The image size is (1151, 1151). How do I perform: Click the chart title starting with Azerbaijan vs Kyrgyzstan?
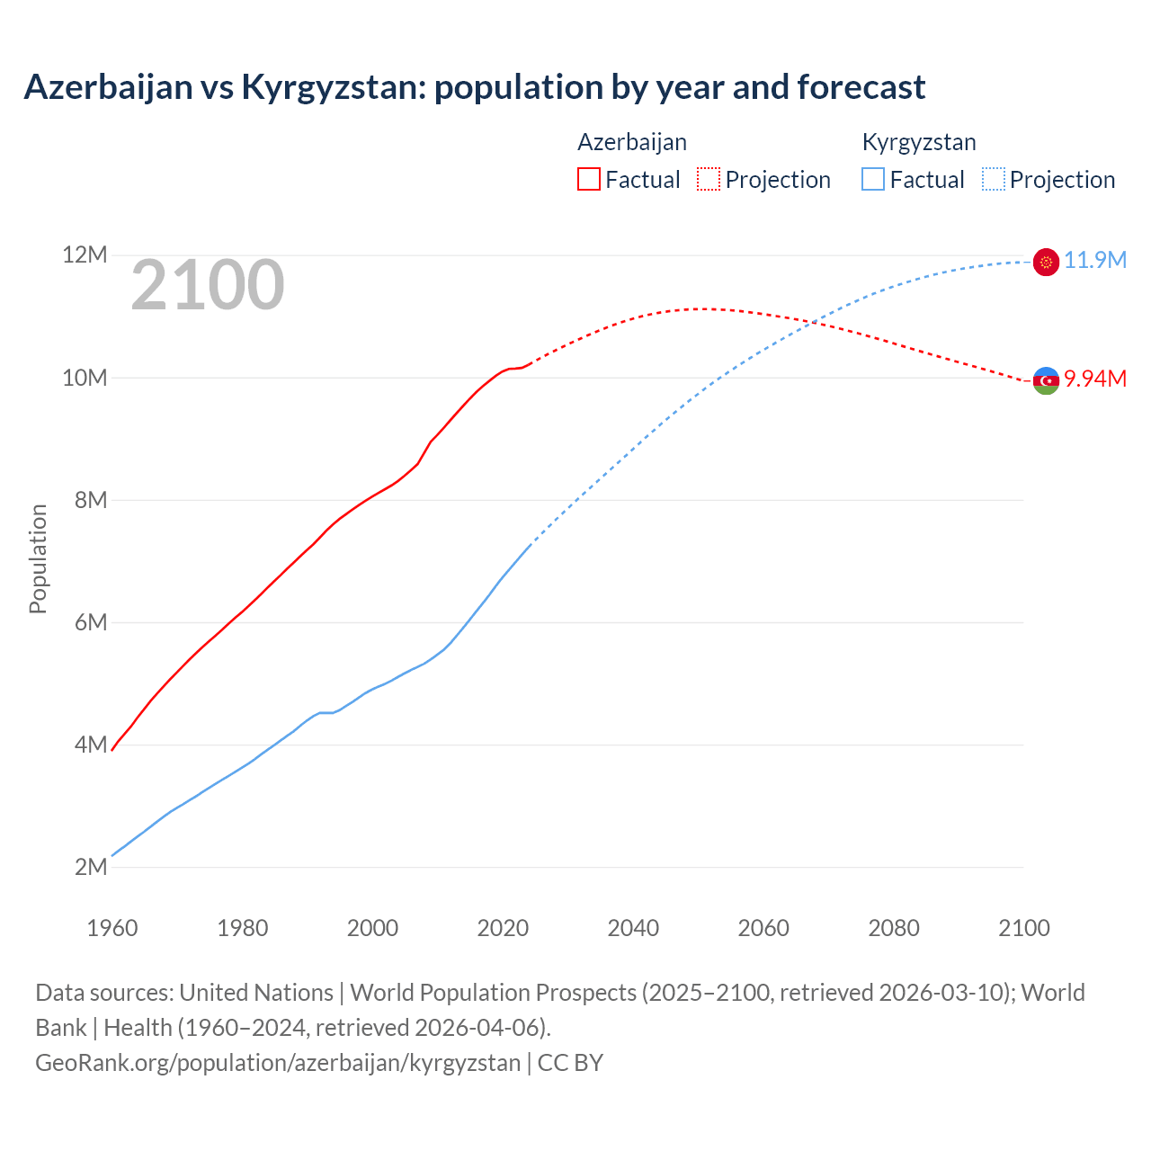tap(474, 87)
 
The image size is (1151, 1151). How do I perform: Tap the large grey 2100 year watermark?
tap(208, 285)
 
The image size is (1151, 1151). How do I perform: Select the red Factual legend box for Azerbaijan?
tap(589, 180)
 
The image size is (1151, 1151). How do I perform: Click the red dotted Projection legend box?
tap(709, 180)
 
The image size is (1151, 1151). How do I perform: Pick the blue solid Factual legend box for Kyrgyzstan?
tap(873, 180)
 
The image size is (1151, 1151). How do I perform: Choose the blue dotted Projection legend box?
tap(993, 180)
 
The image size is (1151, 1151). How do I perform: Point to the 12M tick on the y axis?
tap(85, 255)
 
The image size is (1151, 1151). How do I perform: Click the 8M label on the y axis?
tap(90, 500)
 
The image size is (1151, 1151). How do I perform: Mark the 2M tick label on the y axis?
tap(90, 867)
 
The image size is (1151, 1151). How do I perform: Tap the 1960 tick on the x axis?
tap(112, 928)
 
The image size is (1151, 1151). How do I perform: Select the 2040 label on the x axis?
tap(633, 928)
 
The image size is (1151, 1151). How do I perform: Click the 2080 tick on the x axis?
tap(894, 928)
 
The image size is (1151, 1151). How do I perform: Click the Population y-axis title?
tap(38, 558)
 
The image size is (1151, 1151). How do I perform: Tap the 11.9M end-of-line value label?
tap(1094, 261)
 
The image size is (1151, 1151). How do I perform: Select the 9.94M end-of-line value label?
tap(1094, 379)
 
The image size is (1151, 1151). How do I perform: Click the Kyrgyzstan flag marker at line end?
tap(1046, 262)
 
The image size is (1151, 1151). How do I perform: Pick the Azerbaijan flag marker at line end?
tap(1046, 381)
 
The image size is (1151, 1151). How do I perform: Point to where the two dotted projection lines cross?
tap(814, 322)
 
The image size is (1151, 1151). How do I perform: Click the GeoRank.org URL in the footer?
tap(278, 1063)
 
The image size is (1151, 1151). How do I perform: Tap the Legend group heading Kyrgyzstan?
tap(918, 142)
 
